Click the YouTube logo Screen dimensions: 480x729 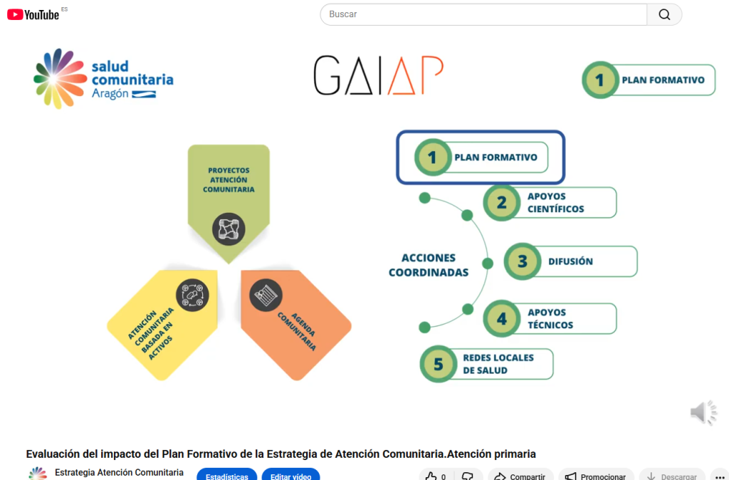(x=33, y=14)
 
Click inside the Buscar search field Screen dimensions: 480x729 (x=484, y=14)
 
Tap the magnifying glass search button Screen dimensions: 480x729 (x=664, y=14)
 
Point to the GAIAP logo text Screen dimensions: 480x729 (x=379, y=76)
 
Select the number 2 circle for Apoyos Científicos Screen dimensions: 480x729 (x=502, y=202)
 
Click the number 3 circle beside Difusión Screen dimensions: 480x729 (x=523, y=261)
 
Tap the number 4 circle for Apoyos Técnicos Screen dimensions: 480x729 (x=502, y=318)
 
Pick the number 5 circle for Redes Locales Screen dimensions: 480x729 (x=439, y=364)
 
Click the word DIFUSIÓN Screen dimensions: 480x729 (x=570, y=261)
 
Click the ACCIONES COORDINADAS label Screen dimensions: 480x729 (x=429, y=265)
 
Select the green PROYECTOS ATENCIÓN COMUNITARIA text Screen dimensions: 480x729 (x=229, y=180)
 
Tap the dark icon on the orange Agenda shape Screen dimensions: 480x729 (x=266, y=295)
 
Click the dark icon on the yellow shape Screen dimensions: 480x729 (x=192, y=295)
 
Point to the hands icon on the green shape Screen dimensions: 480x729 (x=229, y=229)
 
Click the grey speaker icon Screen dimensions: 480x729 (x=703, y=412)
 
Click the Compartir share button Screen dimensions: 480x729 (x=520, y=476)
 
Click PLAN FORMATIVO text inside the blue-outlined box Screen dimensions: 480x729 (x=495, y=157)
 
